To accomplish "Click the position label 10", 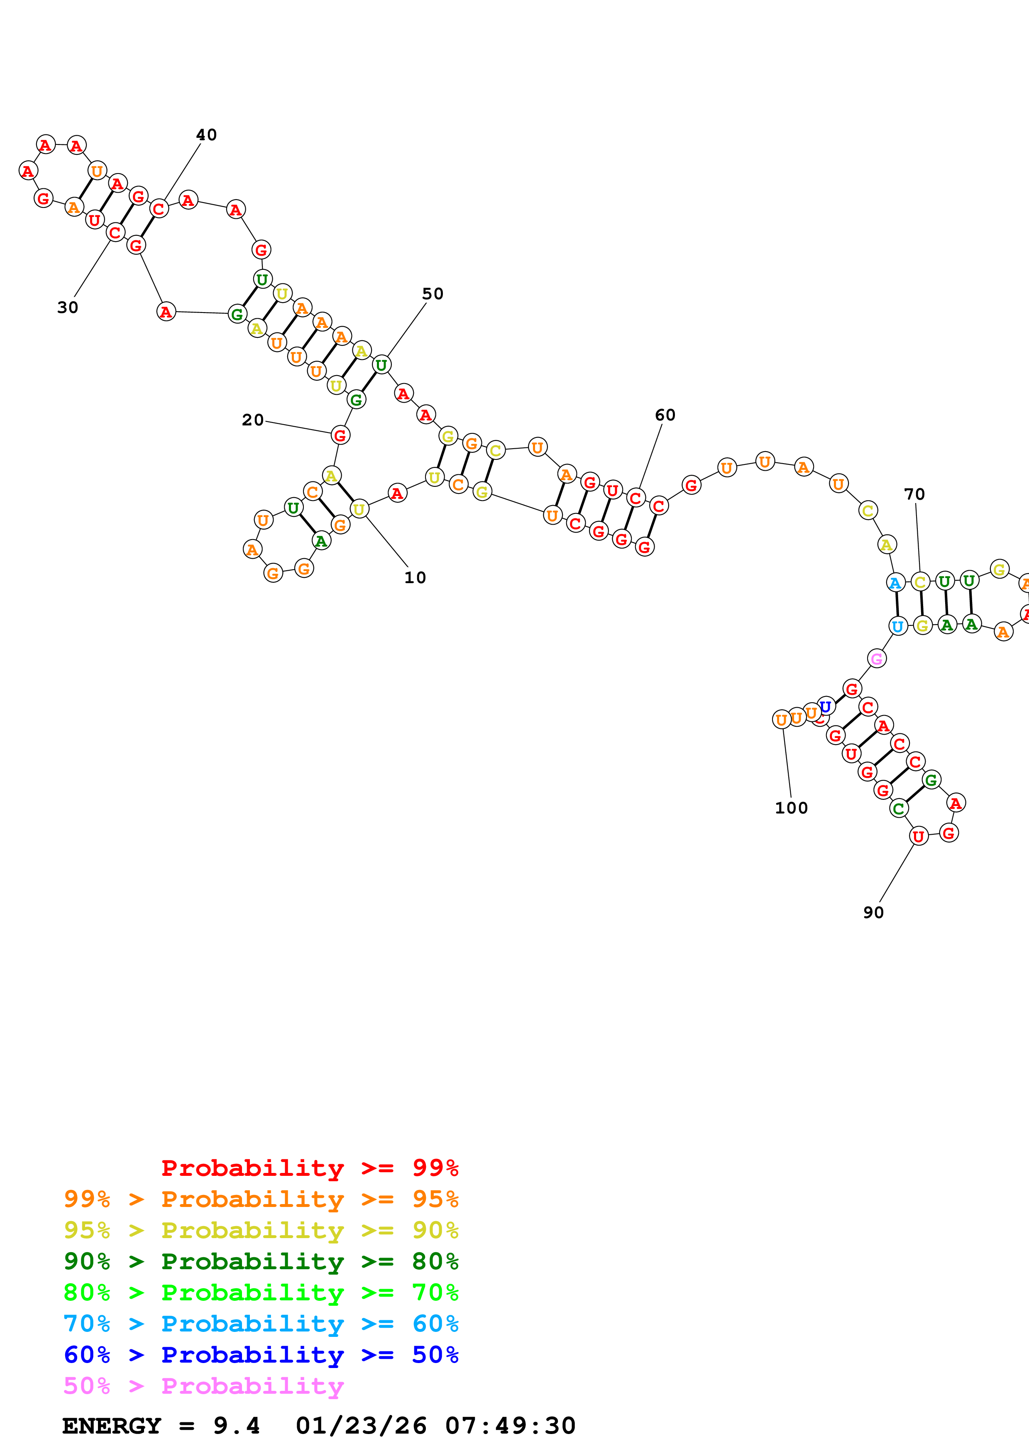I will pos(415,578).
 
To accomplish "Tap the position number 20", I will pos(252,420).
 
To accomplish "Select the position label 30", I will pos(68,308).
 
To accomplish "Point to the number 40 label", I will pos(206,135).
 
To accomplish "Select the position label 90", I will pos(873,913).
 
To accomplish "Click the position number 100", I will pos(791,808).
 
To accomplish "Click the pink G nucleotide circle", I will pos(877,659).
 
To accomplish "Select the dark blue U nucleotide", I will pos(826,706).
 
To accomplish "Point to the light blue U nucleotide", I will pos(898,627).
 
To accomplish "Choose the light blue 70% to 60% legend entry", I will pos(261,1324).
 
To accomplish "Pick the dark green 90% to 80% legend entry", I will pos(261,1262).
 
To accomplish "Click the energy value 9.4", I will pos(237,1426).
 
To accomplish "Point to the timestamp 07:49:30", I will pos(511,1426).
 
